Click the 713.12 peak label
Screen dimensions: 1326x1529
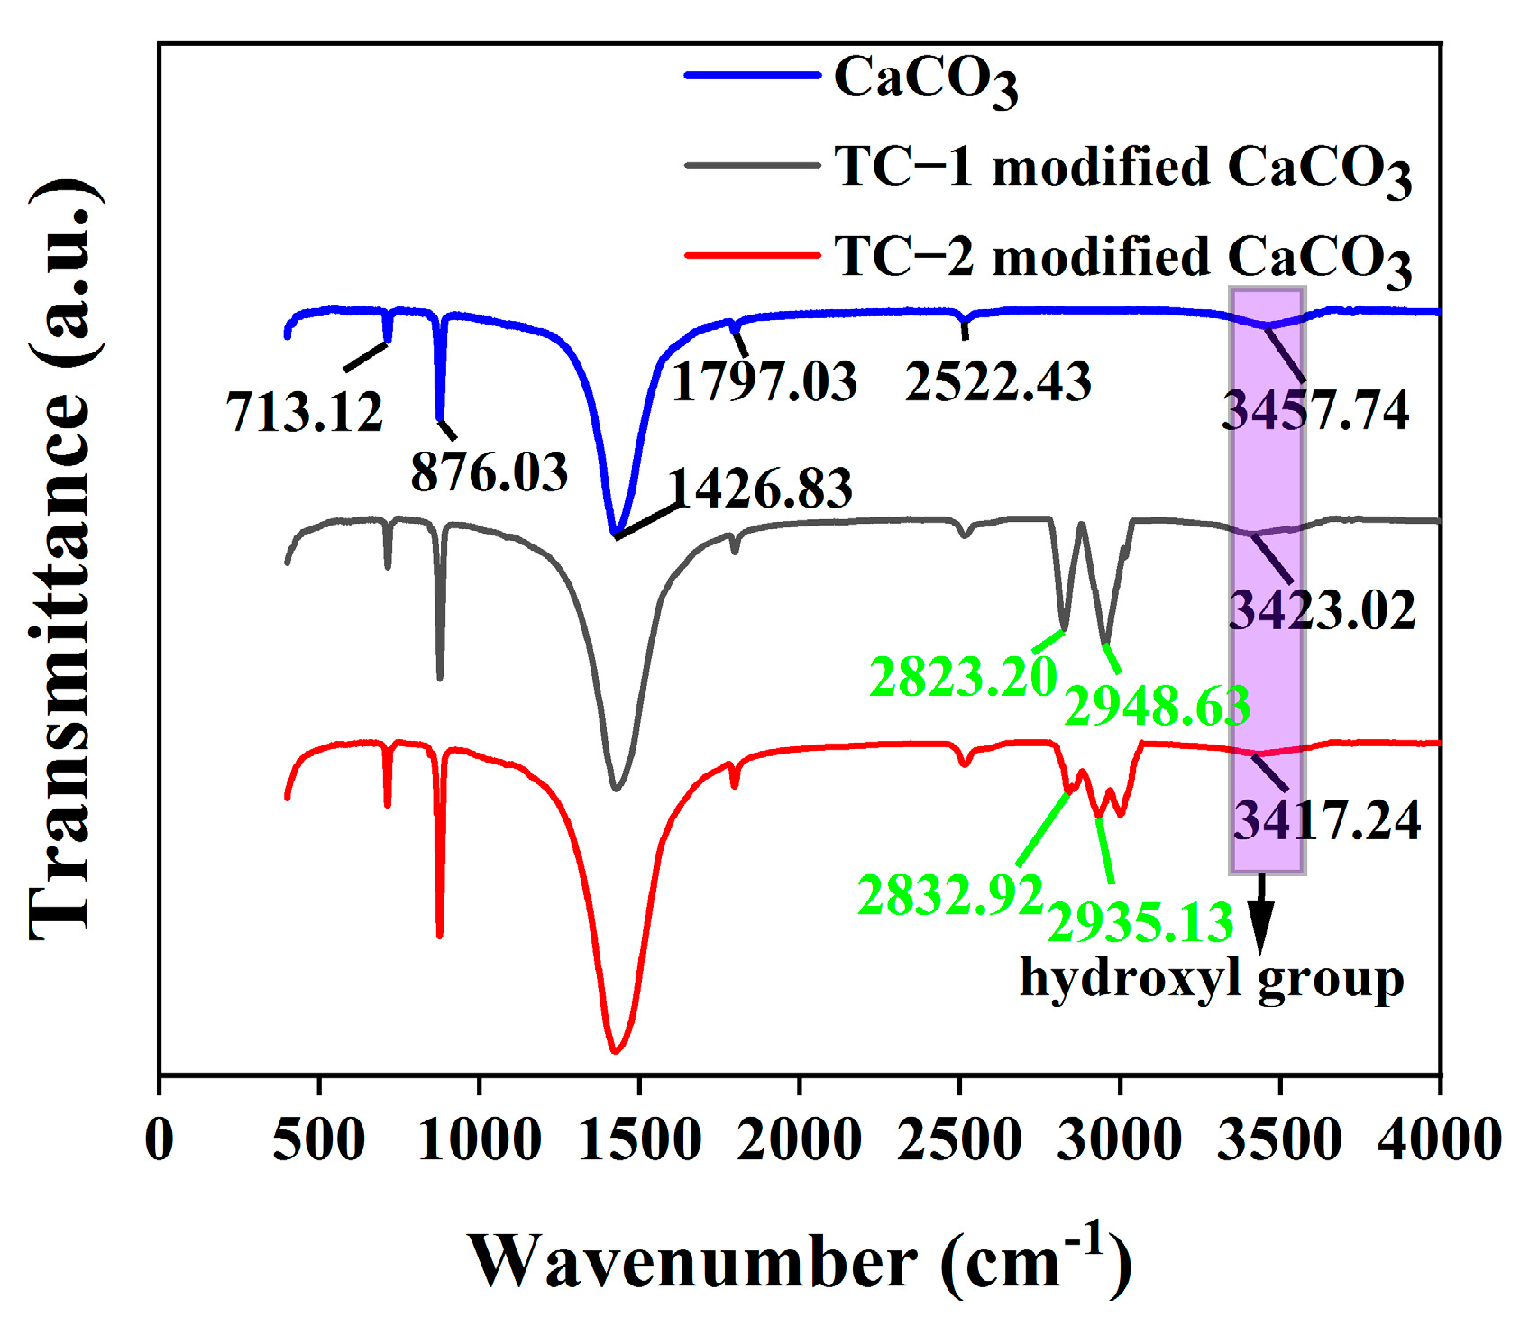(x=305, y=412)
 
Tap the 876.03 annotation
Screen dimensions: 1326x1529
(x=490, y=471)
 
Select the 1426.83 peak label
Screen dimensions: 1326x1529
(x=760, y=489)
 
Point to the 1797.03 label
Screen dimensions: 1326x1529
(x=764, y=380)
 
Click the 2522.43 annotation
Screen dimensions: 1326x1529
(x=998, y=380)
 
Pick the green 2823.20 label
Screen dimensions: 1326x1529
(x=962, y=676)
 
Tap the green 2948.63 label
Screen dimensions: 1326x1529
(x=1157, y=706)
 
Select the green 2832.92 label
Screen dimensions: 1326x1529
(x=950, y=895)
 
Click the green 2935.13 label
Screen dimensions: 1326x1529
(x=1140, y=922)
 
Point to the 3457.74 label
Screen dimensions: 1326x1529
(x=1315, y=411)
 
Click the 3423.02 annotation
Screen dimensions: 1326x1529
(x=1323, y=610)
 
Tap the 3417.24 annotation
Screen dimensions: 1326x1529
(x=1326, y=820)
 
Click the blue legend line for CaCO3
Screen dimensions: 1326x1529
(x=752, y=76)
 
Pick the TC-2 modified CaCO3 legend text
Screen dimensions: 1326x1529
(x=1122, y=258)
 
